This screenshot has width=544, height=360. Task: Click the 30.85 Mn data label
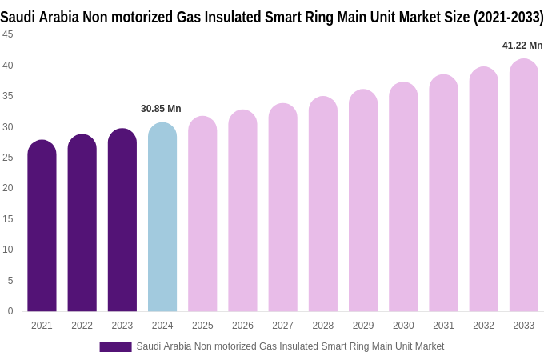161,109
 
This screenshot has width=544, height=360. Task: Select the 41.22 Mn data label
522,46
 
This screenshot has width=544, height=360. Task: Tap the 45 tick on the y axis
8,34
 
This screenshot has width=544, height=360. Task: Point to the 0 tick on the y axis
10,311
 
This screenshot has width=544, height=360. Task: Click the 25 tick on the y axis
8,158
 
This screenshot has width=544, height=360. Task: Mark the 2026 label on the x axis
242,326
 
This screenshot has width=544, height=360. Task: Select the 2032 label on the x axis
483,326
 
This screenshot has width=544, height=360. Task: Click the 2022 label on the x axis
82,326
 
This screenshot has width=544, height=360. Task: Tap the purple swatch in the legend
115,347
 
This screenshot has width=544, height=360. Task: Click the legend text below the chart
290,346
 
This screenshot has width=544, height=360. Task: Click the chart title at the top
272,17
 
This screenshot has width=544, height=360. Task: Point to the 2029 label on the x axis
363,326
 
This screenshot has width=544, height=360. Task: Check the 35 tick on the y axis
8,96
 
